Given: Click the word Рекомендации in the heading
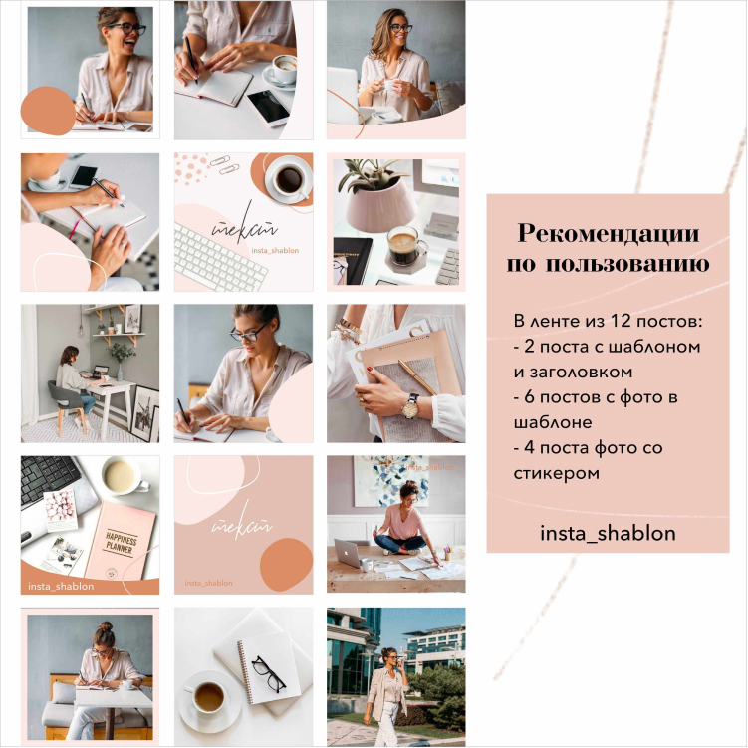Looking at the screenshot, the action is [x=609, y=233].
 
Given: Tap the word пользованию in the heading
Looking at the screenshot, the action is [x=627, y=264].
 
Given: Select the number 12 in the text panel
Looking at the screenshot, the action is [x=621, y=321].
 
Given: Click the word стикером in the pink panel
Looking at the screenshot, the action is [x=556, y=474].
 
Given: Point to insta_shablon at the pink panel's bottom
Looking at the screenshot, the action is [x=608, y=533].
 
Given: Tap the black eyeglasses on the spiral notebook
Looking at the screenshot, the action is [x=268, y=673].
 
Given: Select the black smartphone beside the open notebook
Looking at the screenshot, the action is [x=268, y=108].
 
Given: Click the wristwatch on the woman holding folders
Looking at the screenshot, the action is [x=410, y=405].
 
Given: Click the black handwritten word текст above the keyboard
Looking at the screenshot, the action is [x=244, y=224].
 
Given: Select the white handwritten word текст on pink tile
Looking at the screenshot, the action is [x=242, y=521].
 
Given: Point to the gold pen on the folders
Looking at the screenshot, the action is [x=418, y=376].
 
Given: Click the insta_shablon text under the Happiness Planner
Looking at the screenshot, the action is [x=61, y=587].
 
